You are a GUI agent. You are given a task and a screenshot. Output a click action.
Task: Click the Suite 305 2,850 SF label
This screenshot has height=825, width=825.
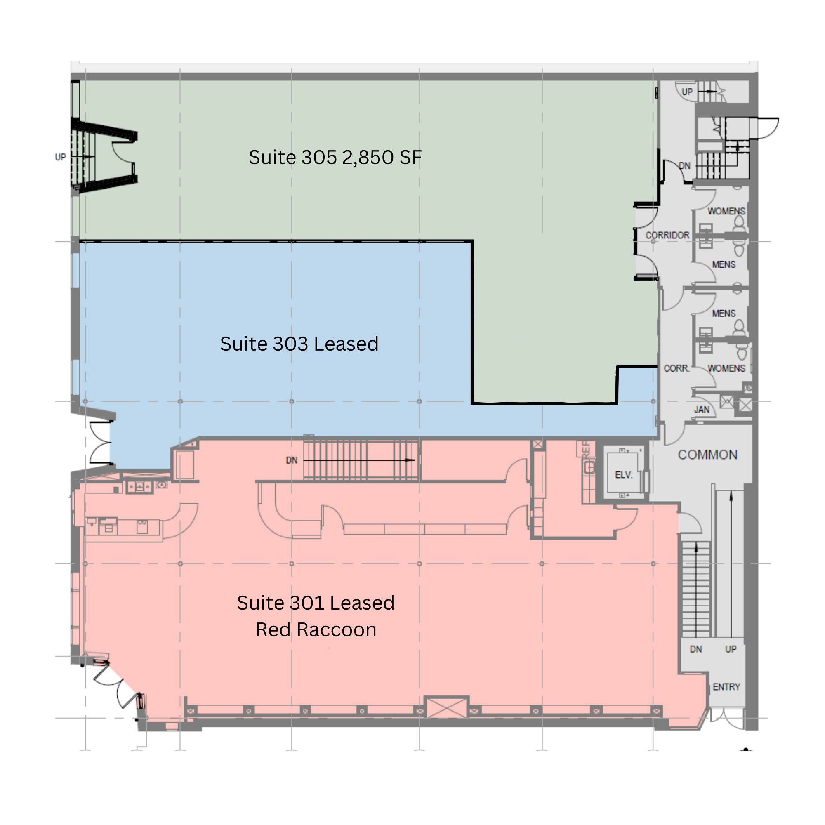335,157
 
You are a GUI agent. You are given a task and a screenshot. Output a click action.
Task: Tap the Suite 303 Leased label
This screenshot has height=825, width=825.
299,344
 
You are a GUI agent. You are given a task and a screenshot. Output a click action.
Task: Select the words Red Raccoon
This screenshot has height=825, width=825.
316,630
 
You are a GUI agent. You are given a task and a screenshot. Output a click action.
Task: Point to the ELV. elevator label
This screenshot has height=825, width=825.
623,475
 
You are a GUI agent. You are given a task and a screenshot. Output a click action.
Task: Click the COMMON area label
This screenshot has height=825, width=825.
707,455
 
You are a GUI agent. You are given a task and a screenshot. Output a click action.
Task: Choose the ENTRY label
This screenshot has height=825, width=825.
726,687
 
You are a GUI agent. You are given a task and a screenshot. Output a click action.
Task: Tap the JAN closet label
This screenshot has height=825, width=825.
702,410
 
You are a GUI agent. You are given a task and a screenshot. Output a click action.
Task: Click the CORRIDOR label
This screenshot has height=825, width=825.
667,235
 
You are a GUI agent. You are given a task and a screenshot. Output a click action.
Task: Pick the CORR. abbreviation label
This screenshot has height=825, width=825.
676,368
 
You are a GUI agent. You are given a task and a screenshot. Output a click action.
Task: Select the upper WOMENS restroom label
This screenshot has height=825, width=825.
726,211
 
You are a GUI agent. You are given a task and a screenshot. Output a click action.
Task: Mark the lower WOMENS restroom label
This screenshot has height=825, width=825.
726,368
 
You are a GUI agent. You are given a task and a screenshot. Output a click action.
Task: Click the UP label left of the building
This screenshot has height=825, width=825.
60,157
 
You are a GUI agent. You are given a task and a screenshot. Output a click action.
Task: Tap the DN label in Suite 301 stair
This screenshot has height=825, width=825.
292,460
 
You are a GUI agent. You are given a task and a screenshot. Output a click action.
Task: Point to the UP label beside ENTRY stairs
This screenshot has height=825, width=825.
731,649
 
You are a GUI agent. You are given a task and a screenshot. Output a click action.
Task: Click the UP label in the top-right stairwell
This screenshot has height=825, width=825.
687,92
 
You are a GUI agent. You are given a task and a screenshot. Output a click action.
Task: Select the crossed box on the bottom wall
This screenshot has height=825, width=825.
447,707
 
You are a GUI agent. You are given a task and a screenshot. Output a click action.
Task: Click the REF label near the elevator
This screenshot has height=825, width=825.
586,449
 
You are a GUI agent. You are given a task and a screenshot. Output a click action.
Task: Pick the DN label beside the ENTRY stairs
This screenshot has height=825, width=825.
696,649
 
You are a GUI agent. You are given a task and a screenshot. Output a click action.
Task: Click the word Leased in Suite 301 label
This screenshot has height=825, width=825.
362,603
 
